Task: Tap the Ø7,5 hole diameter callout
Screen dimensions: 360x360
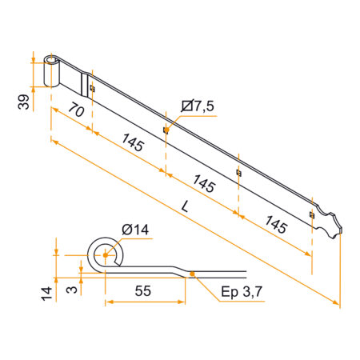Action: click(x=197, y=105)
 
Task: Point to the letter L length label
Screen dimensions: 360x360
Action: click(x=186, y=206)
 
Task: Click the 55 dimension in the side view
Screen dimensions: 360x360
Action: click(x=143, y=290)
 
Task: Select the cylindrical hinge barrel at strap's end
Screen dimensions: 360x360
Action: click(x=53, y=73)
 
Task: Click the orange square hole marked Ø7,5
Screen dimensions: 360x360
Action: click(x=166, y=129)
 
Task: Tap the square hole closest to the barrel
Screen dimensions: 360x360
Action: click(x=93, y=89)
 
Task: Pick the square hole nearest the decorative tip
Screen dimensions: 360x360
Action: click(x=311, y=214)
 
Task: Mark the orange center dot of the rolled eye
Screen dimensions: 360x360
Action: click(x=103, y=256)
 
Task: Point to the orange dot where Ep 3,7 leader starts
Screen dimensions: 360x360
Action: click(x=194, y=275)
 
